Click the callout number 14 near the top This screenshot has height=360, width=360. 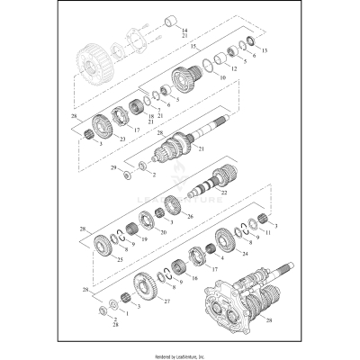click(184, 31)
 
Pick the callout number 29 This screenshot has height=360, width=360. click(112, 167)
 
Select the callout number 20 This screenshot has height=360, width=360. click(162, 232)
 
